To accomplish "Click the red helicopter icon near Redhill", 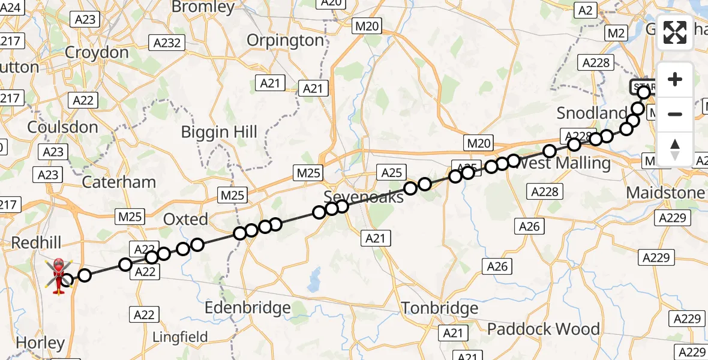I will pos(59,276).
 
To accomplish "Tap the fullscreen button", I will pos(675,32).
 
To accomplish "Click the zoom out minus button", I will pos(675,114).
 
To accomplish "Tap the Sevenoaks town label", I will pos(364,196).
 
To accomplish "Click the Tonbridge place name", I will pos(440,308).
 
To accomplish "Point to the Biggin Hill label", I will pos(220,132).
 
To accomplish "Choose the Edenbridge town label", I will pos(248,308).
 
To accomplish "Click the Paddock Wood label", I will pos(543,329).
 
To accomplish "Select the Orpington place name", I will pos(286,40).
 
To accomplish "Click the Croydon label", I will pos(97,52).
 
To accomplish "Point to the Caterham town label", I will pos(119,182).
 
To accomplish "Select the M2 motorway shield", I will pos(616,34).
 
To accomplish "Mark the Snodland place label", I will pos(592,113).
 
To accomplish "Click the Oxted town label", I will pos(186,220).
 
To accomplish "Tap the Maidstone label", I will pos(665,193).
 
